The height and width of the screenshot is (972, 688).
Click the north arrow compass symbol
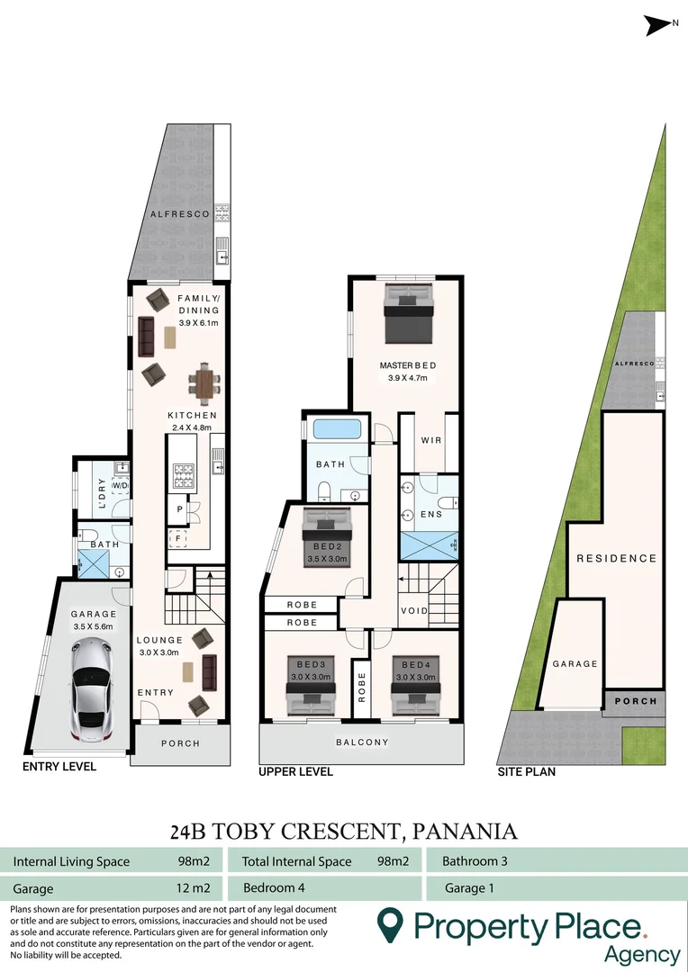tap(660, 27)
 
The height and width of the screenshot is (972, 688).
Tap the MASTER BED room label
tap(407, 365)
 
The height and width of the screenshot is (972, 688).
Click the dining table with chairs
tap(204, 384)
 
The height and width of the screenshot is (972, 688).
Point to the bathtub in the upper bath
tap(337, 430)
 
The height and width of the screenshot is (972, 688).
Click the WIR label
tap(430, 440)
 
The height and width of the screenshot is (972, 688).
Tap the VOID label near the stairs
tap(414, 610)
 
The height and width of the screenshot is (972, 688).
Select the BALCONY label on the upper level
tap(362, 742)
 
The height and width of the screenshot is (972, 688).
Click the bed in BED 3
tap(311, 695)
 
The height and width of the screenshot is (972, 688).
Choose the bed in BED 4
tap(415, 695)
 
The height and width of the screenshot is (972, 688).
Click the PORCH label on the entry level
tap(180, 743)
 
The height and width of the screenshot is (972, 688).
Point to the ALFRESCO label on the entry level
tap(180, 214)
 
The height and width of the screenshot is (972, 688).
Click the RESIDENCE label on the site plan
tap(616, 558)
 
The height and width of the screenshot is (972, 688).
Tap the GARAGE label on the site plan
tap(575, 663)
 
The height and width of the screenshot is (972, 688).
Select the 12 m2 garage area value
tap(194, 888)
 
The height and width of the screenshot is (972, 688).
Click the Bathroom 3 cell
tap(475, 861)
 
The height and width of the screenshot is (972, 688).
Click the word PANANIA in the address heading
tap(465, 830)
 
